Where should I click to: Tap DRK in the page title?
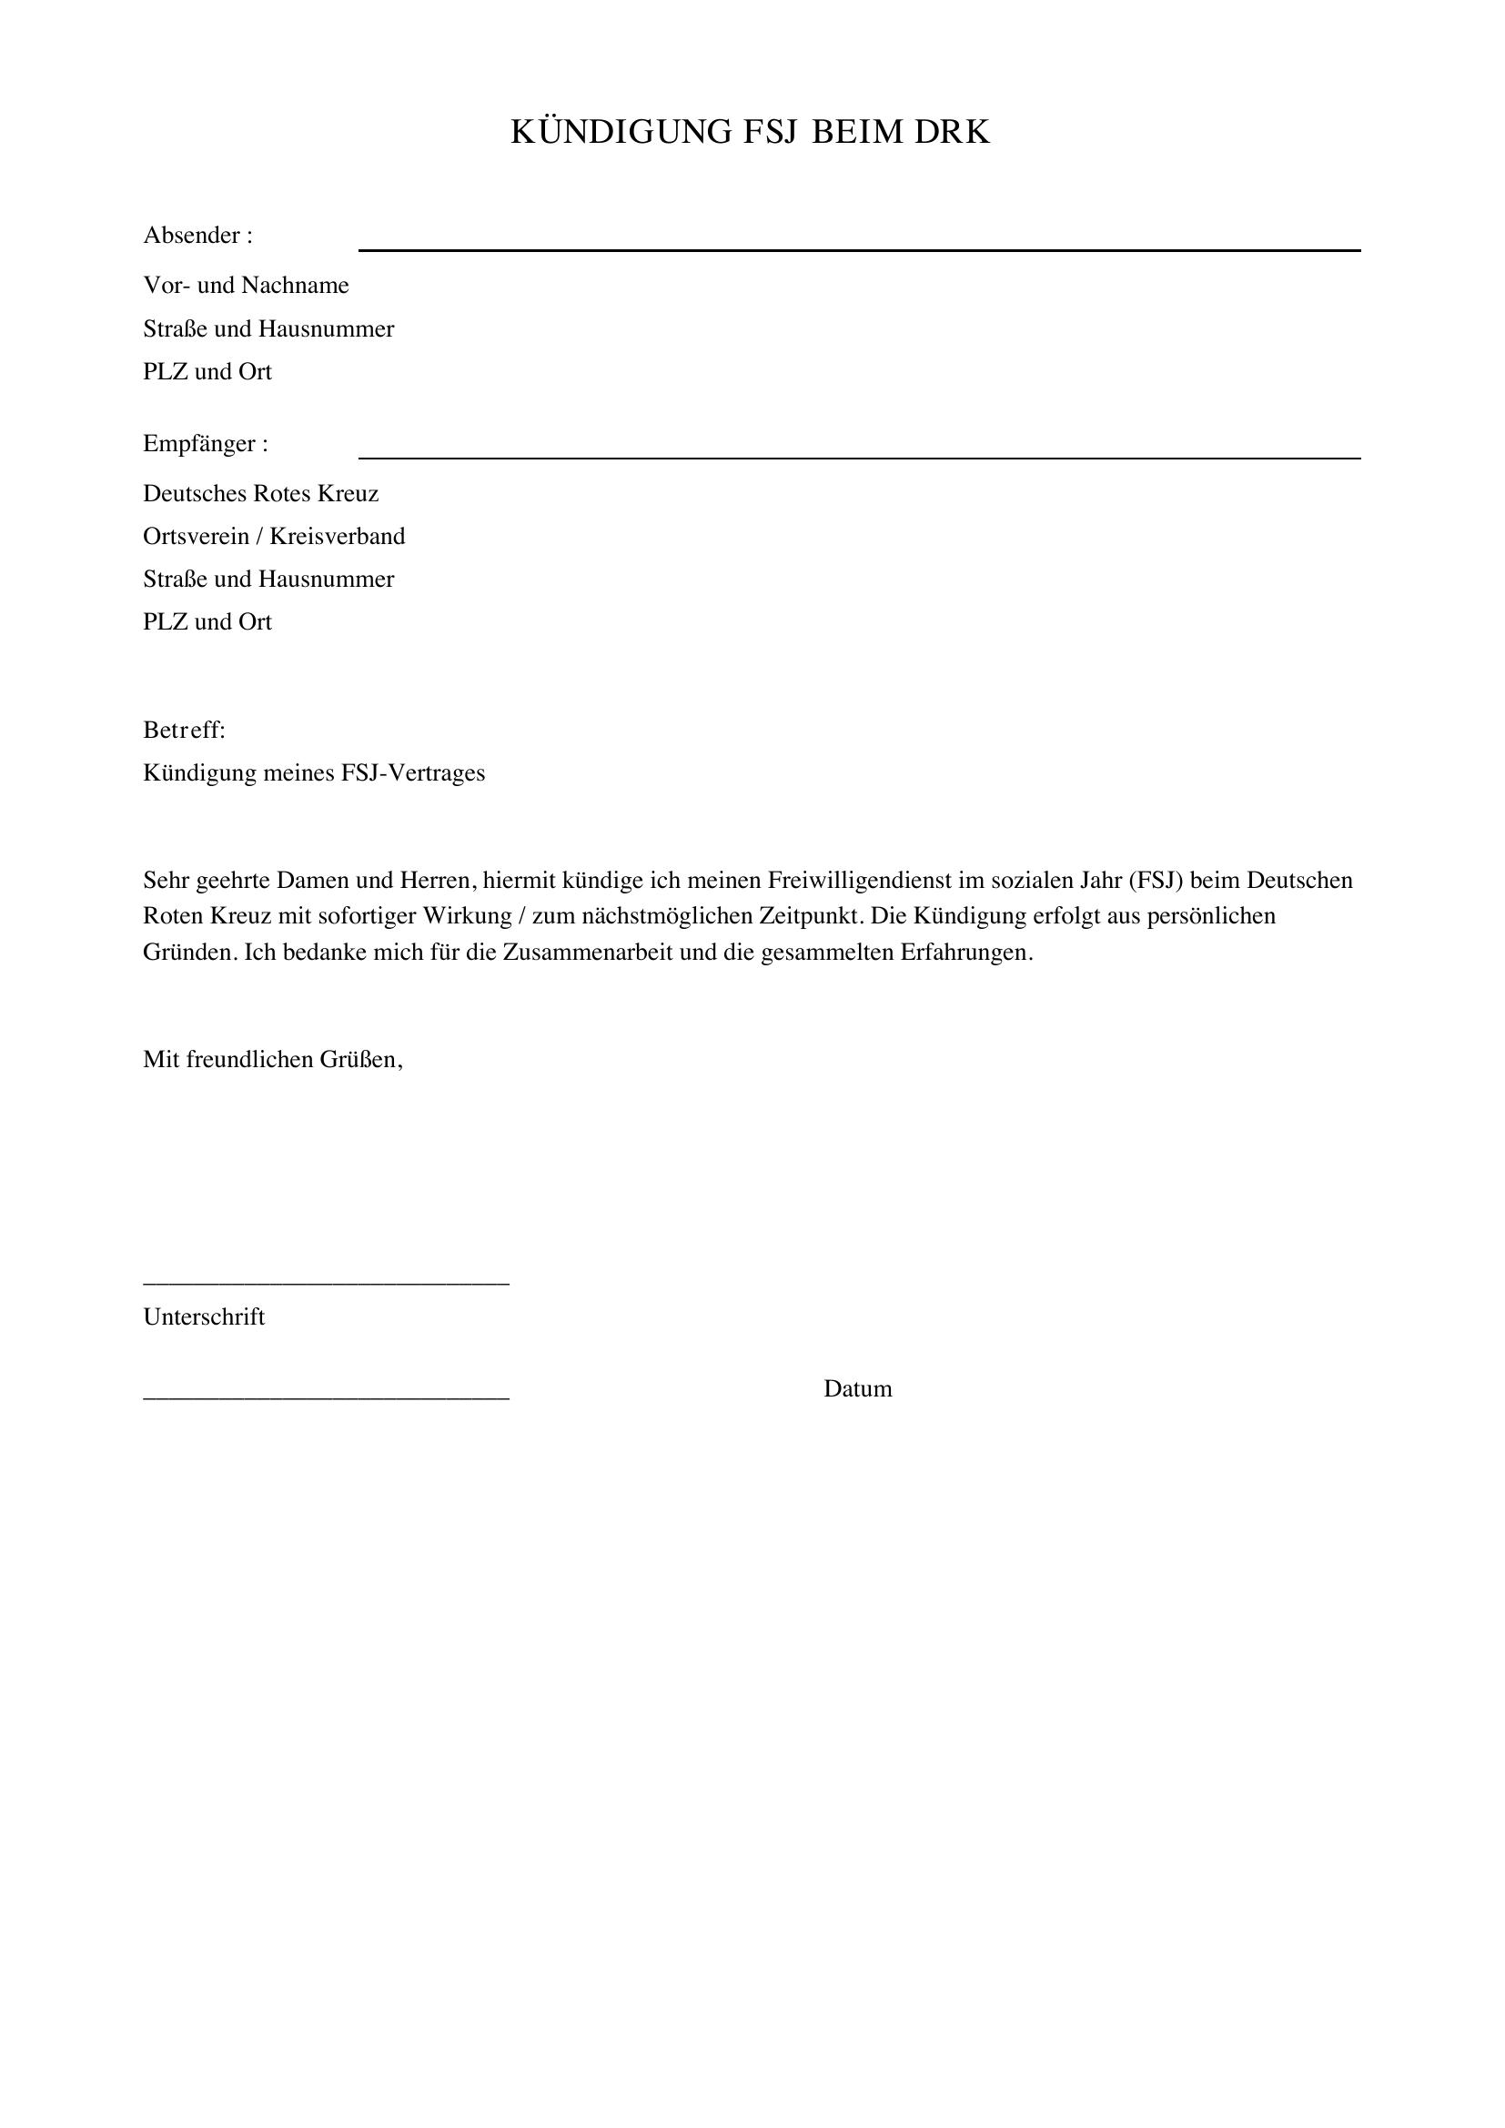(953, 133)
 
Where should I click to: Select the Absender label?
(197, 236)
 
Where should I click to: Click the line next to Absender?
(859, 250)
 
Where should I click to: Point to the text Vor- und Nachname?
(246, 286)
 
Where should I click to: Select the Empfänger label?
(205, 444)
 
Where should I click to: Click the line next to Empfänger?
(859, 458)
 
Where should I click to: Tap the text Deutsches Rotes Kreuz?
(260, 493)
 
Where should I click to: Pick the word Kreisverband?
(338, 537)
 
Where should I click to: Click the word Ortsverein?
(196, 537)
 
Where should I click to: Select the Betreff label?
(184, 731)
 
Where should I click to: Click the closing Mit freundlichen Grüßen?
(272, 1059)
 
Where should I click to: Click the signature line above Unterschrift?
(327, 1284)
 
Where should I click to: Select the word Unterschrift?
(204, 1317)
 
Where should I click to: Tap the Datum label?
(857, 1388)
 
